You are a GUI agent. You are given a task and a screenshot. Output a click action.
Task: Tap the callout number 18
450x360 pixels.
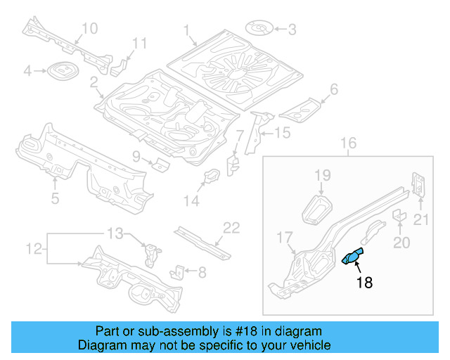click(x=364, y=283)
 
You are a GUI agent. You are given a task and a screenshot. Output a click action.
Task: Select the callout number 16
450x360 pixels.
click(x=349, y=145)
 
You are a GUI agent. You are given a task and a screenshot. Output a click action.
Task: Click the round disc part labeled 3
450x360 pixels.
click(x=260, y=29)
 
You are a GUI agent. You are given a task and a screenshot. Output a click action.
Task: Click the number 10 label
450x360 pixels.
click(x=90, y=28)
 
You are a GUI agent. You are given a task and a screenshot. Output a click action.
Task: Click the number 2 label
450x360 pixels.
click(x=94, y=83)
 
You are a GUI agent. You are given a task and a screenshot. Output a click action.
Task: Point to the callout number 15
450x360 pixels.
click(x=281, y=132)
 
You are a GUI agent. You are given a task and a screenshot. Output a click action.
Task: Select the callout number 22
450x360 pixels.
click(x=231, y=226)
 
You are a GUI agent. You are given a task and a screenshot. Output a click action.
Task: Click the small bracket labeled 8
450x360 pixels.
click(x=179, y=271)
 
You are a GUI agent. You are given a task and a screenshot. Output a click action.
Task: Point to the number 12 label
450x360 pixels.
click(x=34, y=248)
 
